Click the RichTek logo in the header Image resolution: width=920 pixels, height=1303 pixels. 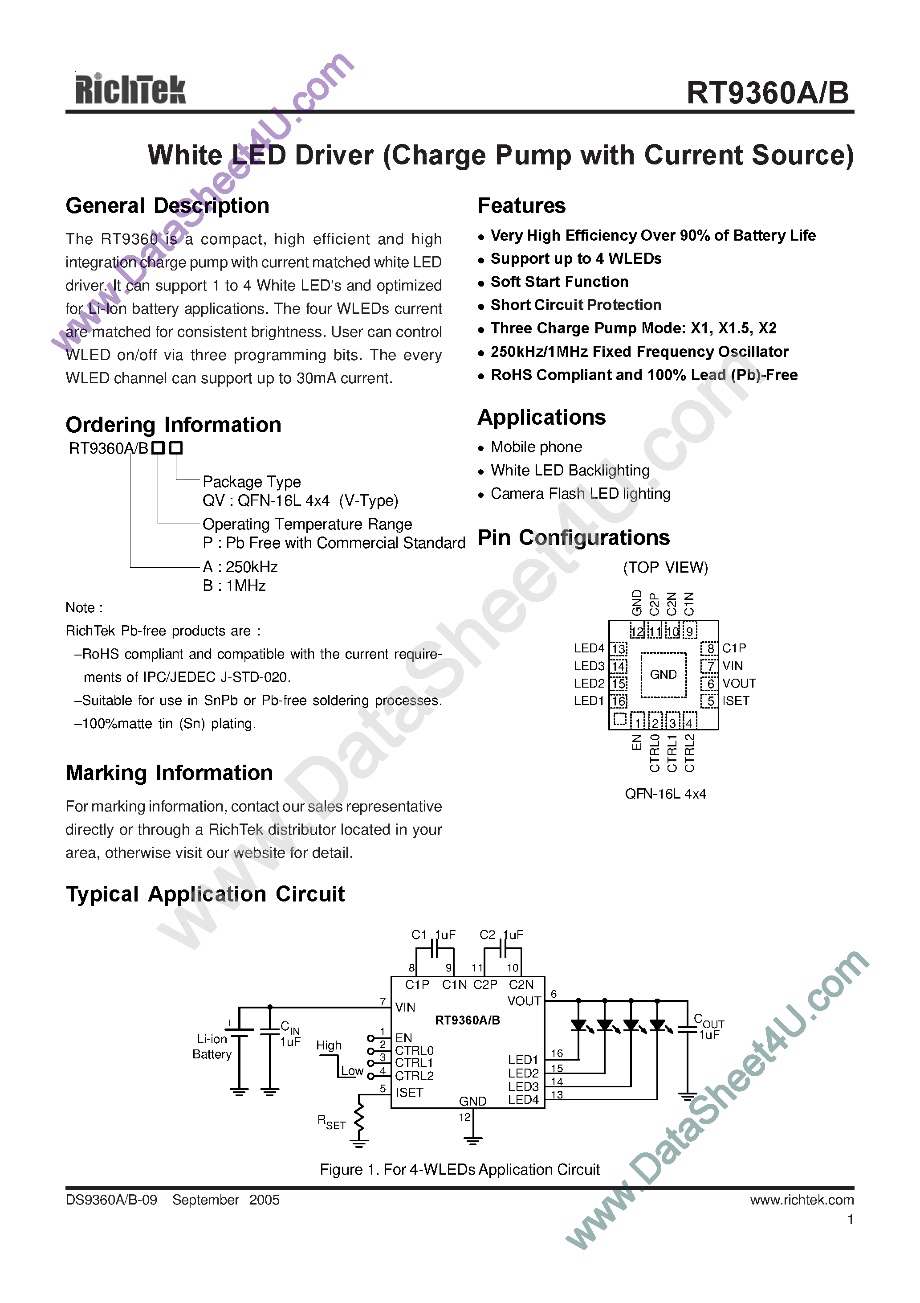pos(130,90)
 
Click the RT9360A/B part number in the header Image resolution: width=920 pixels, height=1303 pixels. pos(767,93)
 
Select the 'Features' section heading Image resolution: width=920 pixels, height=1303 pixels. pos(521,205)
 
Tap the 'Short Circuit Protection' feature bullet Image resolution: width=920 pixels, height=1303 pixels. pos(575,305)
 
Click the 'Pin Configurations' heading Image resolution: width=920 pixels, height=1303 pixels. pos(574,537)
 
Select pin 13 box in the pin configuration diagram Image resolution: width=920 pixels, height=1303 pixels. pos(618,648)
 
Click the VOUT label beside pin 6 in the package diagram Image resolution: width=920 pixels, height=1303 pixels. pos(738,683)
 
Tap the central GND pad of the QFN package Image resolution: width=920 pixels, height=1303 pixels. pos(663,674)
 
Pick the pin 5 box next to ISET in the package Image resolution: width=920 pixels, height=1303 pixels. pos(709,701)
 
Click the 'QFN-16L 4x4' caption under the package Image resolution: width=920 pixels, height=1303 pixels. pos(665,794)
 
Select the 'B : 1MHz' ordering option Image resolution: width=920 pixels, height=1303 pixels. pos(234,586)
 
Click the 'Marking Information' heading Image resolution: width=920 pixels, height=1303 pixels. pos(169,773)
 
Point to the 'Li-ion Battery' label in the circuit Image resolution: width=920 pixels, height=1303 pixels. pos(212,1046)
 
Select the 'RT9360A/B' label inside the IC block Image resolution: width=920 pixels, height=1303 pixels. pos(468,1020)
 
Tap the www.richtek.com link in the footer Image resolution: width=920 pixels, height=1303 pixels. pos(802,1200)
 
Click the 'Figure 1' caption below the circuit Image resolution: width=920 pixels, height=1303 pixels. pos(460,1170)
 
